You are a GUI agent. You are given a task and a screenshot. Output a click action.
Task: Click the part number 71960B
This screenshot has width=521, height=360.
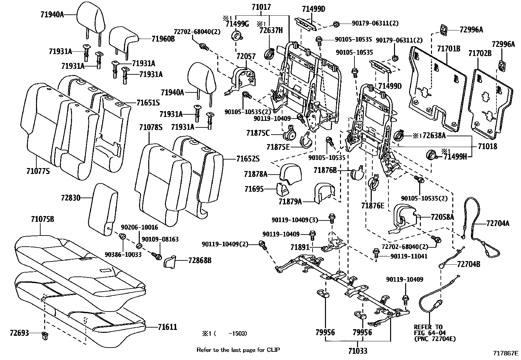click(163, 39)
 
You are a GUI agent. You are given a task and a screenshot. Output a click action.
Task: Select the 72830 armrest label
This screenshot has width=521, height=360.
click(70, 198)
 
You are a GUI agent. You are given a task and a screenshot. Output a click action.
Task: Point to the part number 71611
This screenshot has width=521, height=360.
click(167, 327)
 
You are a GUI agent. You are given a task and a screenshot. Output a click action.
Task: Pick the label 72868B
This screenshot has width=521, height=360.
click(200, 260)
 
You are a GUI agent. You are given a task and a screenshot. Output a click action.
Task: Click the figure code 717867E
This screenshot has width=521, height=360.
click(506, 353)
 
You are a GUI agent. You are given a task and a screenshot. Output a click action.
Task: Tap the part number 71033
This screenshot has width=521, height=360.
click(357, 351)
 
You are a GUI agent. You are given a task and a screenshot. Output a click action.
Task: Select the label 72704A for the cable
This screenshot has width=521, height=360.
click(498, 223)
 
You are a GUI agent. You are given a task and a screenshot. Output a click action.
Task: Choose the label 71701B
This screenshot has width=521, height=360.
click(449, 49)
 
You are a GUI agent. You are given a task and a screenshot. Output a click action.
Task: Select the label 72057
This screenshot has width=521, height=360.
click(246, 56)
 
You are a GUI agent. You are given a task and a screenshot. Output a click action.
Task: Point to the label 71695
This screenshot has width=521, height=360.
click(254, 189)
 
